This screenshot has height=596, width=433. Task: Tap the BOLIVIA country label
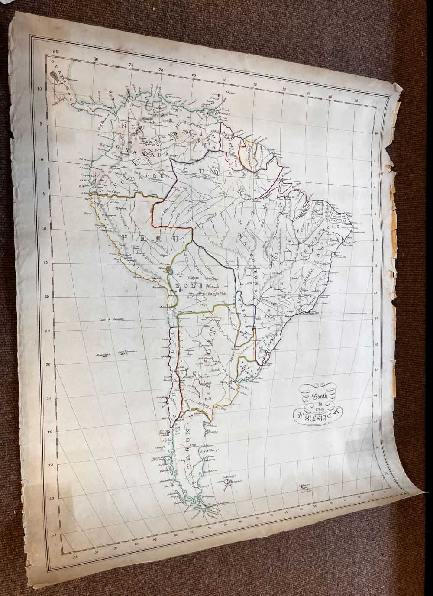[x=200, y=286]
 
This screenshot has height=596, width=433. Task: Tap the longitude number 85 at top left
[x=54, y=52]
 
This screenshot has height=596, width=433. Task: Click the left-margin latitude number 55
[x=54, y=535]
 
